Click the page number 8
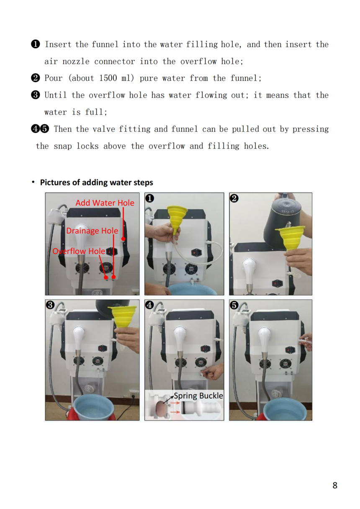point(335,486)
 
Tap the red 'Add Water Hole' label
point(105,203)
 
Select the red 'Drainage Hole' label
point(92,231)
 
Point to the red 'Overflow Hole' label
point(79,251)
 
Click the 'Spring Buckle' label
point(198,396)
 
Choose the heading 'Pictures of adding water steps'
point(96,183)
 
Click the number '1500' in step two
point(108,78)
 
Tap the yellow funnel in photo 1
point(177,219)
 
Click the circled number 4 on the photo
point(149,305)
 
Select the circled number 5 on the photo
point(234,305)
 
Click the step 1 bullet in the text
point(36,44)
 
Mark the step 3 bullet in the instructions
point(36,95)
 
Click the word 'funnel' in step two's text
point(244,78)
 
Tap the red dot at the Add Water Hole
point(123,239)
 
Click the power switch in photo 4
point(205,349)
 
